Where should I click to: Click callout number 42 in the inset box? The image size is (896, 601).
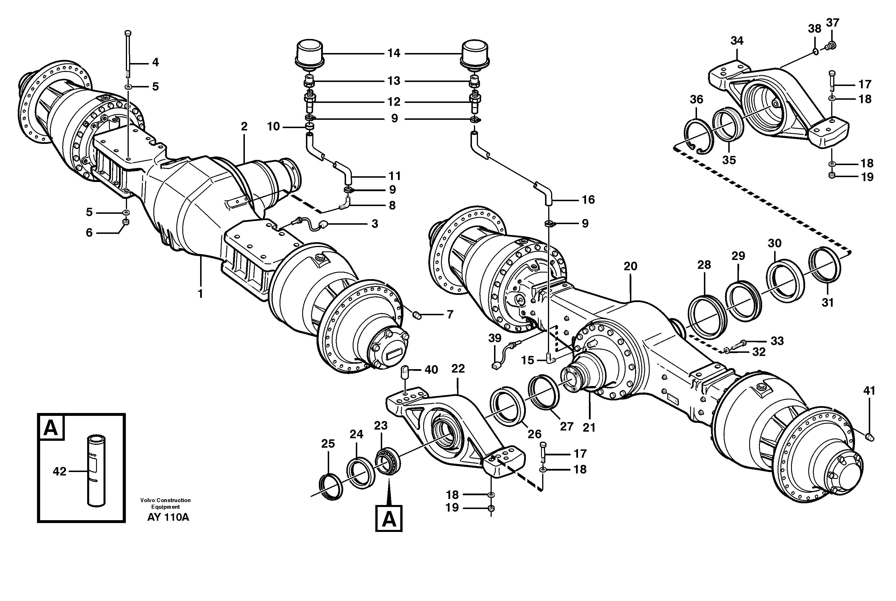[59, 471]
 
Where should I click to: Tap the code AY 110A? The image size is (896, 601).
[168, 517]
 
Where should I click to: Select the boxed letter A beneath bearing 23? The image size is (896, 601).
[389, 519]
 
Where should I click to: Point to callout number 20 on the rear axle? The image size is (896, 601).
[630, 266]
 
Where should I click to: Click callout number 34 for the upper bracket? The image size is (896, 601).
[737, 41]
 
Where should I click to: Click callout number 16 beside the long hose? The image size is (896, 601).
[588, 200]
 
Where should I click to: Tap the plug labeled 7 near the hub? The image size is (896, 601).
[417, 316]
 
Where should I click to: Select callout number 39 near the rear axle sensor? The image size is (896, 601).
[495, 338]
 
